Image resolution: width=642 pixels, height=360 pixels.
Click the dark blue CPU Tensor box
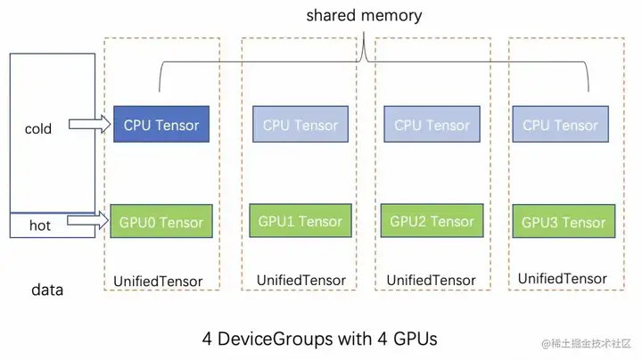(161, 125)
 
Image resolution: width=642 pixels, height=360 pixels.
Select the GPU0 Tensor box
(161, 221)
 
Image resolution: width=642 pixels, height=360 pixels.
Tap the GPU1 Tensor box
(300, 220)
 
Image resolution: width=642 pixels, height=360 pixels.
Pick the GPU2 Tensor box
(432, 220)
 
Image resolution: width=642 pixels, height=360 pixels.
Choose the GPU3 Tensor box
(564, 221)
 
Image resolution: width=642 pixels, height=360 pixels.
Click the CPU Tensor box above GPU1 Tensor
(300, 125)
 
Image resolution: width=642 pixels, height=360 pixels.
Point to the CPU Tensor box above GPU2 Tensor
(432, 125)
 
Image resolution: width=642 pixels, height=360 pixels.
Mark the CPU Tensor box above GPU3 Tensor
(561, 125)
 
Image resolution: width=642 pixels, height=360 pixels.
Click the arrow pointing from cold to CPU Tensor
(90, 124)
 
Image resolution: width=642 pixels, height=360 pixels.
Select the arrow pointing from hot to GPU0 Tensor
(88, 221)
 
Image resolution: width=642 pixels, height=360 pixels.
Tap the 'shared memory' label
(364, 15)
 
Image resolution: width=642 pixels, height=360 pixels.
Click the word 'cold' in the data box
(38, 129)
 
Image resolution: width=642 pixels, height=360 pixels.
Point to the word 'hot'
(40, 225)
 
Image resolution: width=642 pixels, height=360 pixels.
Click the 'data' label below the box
(47, 290)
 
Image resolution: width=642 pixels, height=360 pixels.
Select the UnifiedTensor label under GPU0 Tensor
(158, 282)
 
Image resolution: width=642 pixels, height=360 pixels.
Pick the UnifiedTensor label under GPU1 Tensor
(301, 280)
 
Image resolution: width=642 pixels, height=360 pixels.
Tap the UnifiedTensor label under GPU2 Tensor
(432, 280)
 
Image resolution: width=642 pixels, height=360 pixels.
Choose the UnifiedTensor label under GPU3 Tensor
(562, 279)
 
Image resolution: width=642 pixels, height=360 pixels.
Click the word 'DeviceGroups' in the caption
(276, 340)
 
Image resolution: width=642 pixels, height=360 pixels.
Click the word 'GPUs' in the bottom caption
(416, 340)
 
